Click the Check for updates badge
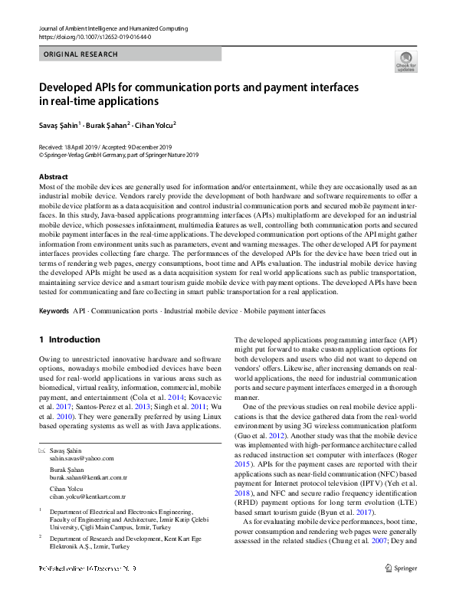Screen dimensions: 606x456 pos(405,61)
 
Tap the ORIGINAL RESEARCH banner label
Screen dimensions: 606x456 pos(80,54)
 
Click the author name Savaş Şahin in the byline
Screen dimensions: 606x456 pos(58,124)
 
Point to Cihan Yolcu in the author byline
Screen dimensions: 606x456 pos(154,124)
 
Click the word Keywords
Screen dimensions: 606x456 pos(54,311)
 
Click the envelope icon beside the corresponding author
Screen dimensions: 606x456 pos(41,450)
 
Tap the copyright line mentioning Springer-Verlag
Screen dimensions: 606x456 pos(118,154)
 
